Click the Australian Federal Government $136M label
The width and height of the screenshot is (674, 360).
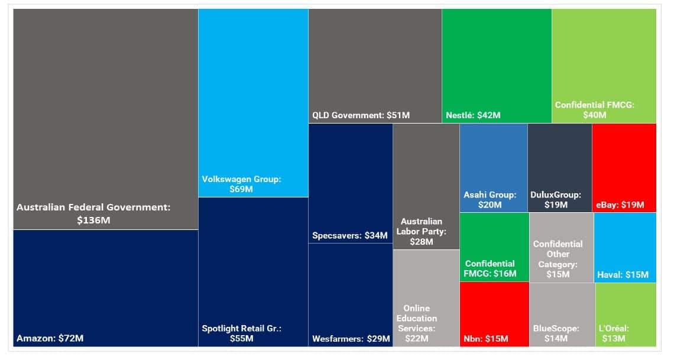point(93,213)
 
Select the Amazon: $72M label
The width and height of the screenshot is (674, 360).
point(50,338)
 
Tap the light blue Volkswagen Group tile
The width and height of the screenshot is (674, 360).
point(253,103)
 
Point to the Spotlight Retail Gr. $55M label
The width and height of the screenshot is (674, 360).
point(242,333)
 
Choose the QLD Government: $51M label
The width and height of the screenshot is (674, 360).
point(361,115)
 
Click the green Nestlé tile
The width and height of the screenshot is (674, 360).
point(497,66)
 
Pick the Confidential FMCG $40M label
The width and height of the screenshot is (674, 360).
point(594,110)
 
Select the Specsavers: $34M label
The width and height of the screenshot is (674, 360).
point(350,235)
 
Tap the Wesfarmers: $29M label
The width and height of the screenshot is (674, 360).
point(351,339)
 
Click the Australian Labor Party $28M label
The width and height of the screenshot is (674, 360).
point(421,232)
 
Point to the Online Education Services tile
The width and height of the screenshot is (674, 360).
point(426,298)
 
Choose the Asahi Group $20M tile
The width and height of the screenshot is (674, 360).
point(494,168)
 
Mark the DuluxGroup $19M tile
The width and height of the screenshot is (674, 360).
point(560,168)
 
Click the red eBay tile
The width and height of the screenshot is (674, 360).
point(624,168)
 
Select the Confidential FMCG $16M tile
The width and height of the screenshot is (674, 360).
point(494,248)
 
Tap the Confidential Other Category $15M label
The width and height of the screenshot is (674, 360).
point(558,259)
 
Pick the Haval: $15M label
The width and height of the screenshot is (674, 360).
point(623,274)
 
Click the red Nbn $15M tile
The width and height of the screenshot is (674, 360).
point(494,314)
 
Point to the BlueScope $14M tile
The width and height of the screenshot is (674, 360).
point(562,314)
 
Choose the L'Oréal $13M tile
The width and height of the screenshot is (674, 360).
point(626,314)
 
